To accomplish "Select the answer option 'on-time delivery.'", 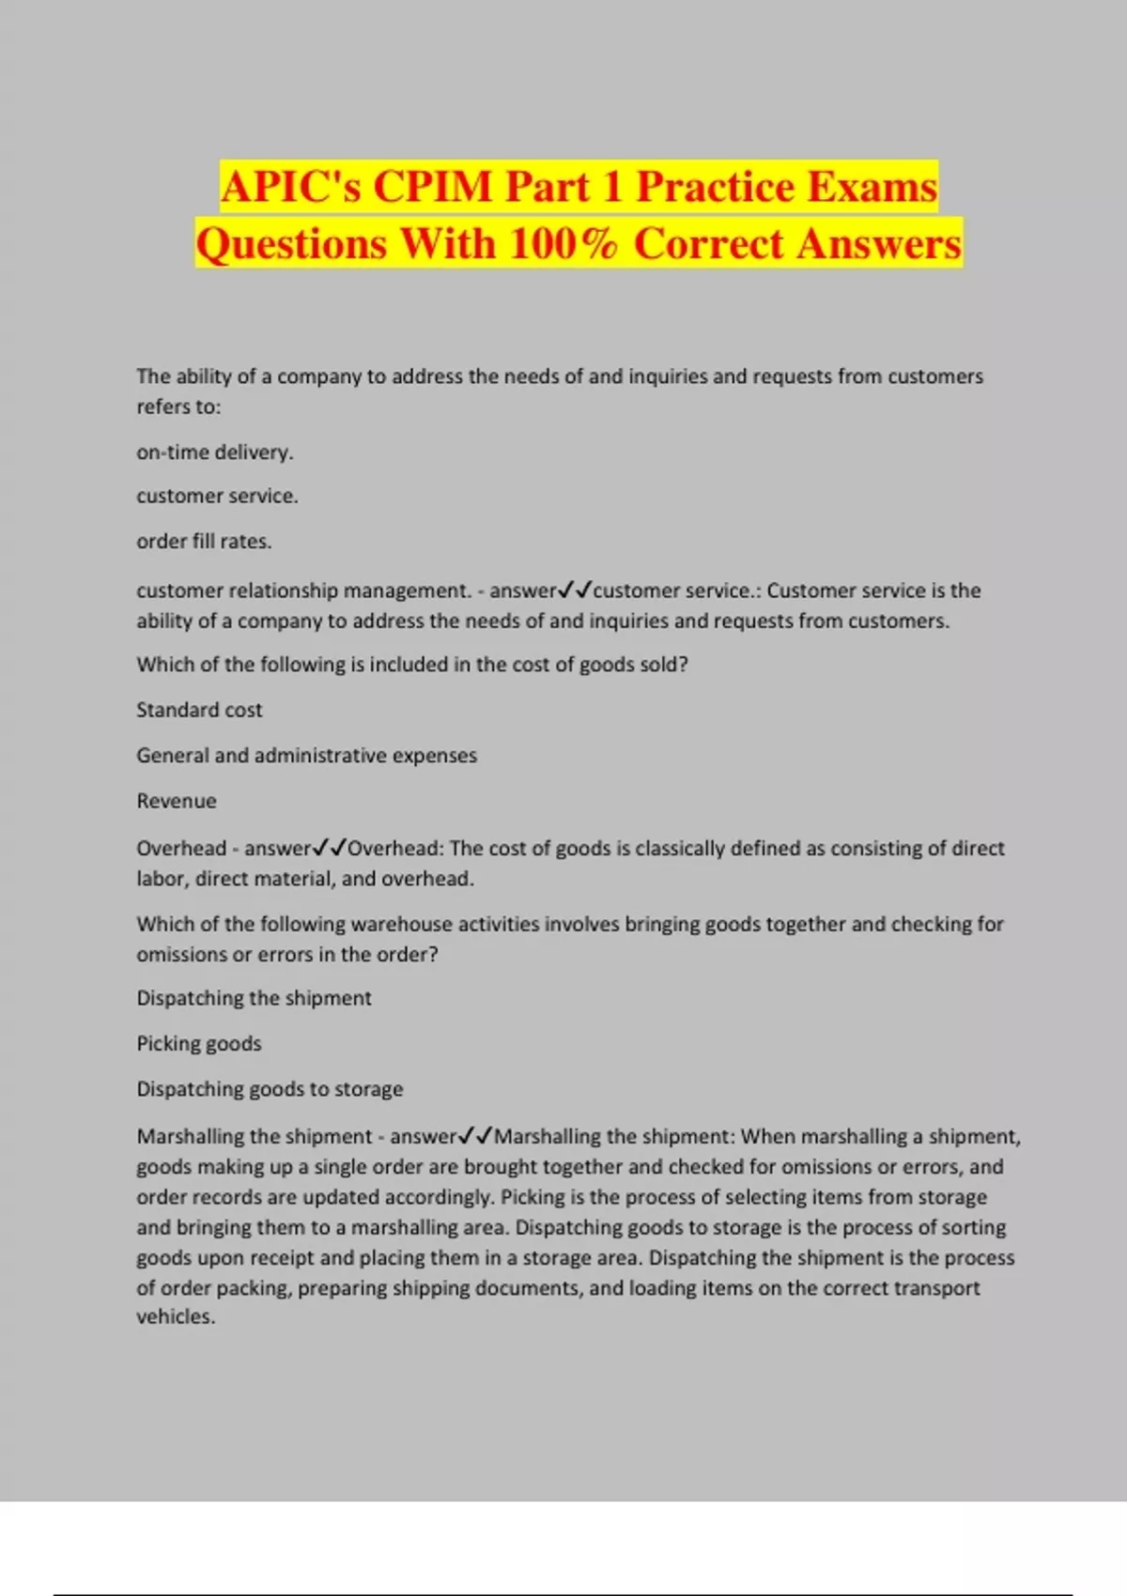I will pos(215,453).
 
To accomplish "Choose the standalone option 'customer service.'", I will pos(217,496).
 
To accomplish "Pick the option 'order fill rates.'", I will pos(204,542).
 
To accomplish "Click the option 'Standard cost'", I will pos(199,710).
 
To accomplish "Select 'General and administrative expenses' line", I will pos(306,756).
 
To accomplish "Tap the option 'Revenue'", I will pos(177,802).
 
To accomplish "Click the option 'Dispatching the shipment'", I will pos(254,998).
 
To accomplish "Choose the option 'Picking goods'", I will pos(199,1044).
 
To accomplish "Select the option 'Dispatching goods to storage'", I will pos(270,1089).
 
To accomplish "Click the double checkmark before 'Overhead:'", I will pos(329,848).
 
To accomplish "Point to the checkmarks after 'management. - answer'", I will pos(574,591).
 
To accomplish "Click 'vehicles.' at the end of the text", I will pos(176,1317).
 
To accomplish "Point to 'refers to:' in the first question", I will pos(178,407).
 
